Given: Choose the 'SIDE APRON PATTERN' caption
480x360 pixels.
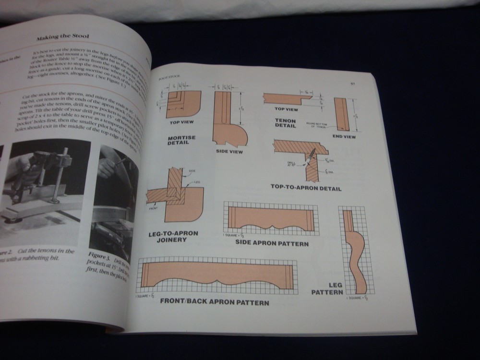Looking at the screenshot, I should [272, 243].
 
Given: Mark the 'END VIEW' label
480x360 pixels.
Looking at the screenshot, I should [344, 136].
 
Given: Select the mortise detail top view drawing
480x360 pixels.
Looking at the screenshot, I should [182, 104].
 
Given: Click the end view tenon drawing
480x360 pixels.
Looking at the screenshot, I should [341, 115].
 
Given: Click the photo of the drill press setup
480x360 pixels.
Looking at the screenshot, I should [46, 187].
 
